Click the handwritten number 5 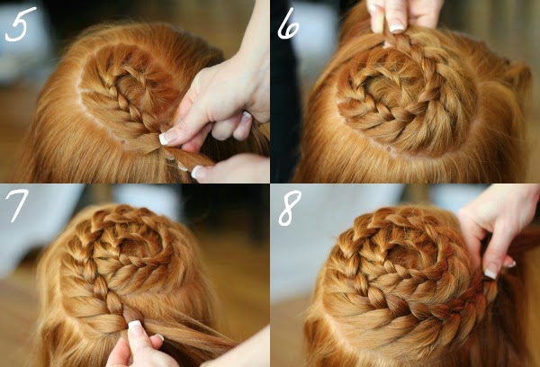21,24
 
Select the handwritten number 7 16,206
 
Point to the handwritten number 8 289,208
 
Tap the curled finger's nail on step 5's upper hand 245,118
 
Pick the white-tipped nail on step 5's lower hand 197,172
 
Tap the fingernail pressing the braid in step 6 397,28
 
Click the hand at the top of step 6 403,16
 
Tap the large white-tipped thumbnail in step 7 135,325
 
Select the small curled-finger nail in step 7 159,336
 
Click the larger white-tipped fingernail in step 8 490,273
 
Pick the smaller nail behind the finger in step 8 510,264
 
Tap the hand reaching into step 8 499,228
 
